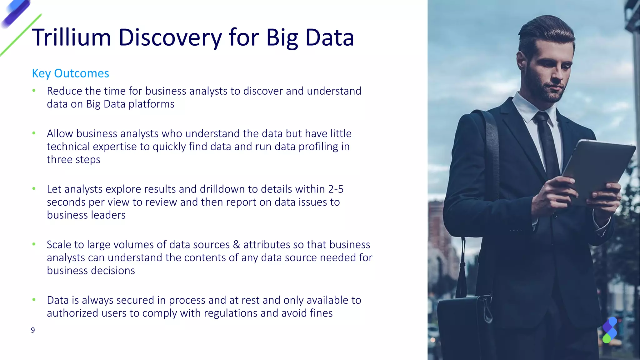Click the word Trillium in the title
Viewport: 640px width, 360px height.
click(71, 37)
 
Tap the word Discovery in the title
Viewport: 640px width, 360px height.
click(170, 37)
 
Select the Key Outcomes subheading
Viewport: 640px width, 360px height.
click(70, 73)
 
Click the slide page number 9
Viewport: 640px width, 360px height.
click(33, 330)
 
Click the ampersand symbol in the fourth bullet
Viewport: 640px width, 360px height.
click(237, 244)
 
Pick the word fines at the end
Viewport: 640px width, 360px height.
click(321, 313)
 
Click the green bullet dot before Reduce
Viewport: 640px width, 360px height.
click(34, 91)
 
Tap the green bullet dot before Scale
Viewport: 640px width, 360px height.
click(34, 244)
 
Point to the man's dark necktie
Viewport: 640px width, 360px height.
click(547, 141)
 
